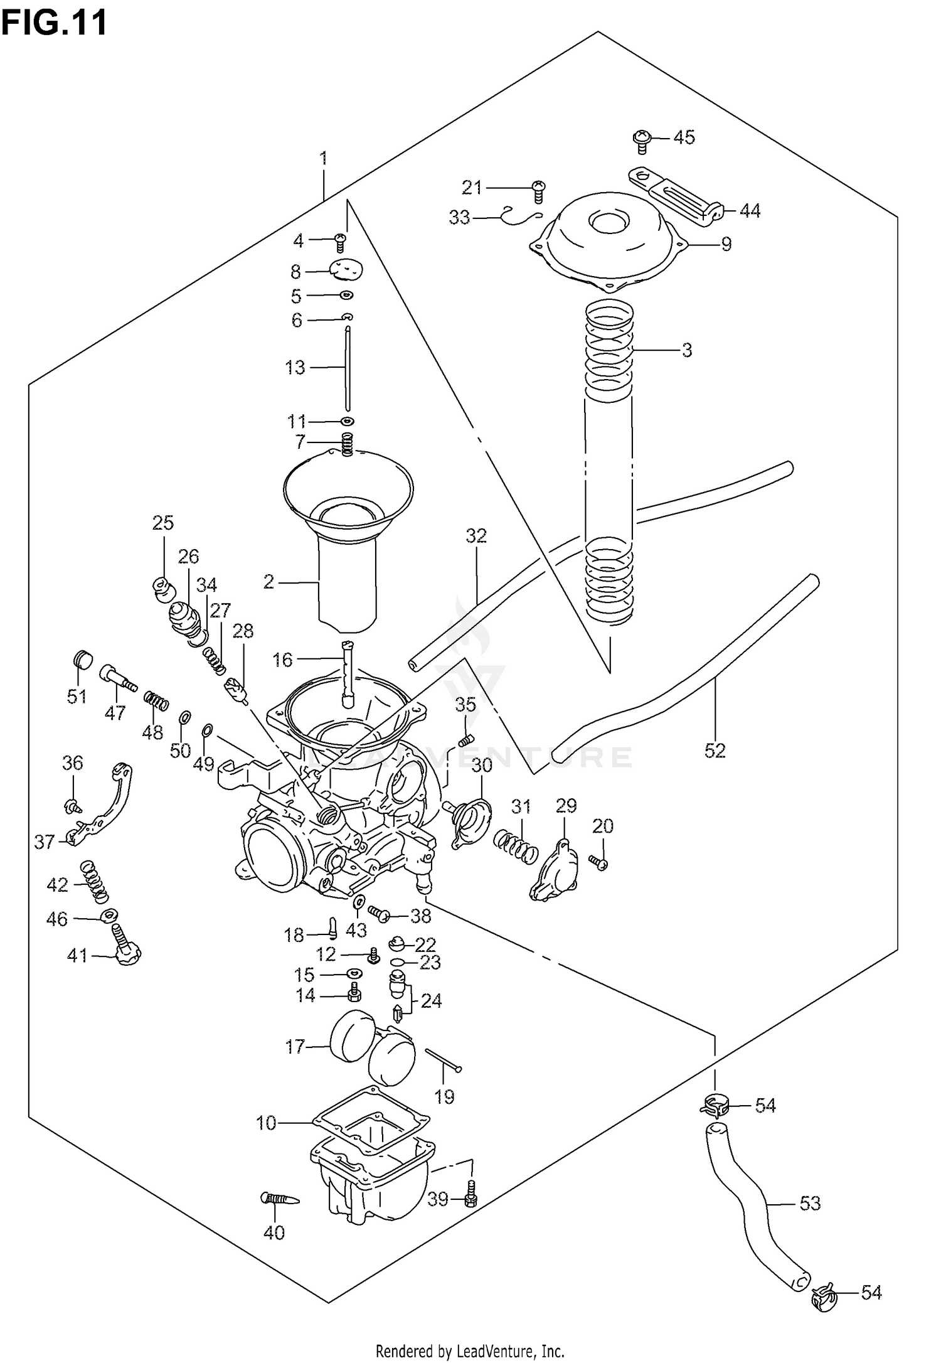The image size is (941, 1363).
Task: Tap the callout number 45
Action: tap(684, 137)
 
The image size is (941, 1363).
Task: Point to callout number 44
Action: tap(750, 211)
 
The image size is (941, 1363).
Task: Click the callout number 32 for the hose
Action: tap(476, 536)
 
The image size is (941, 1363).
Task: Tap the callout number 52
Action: tap(715, 750)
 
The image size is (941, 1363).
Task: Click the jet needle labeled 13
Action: tap(347, 370)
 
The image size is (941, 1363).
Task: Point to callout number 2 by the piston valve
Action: tap(268, 582)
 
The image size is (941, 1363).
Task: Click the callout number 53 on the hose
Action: tap(810, 1203)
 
